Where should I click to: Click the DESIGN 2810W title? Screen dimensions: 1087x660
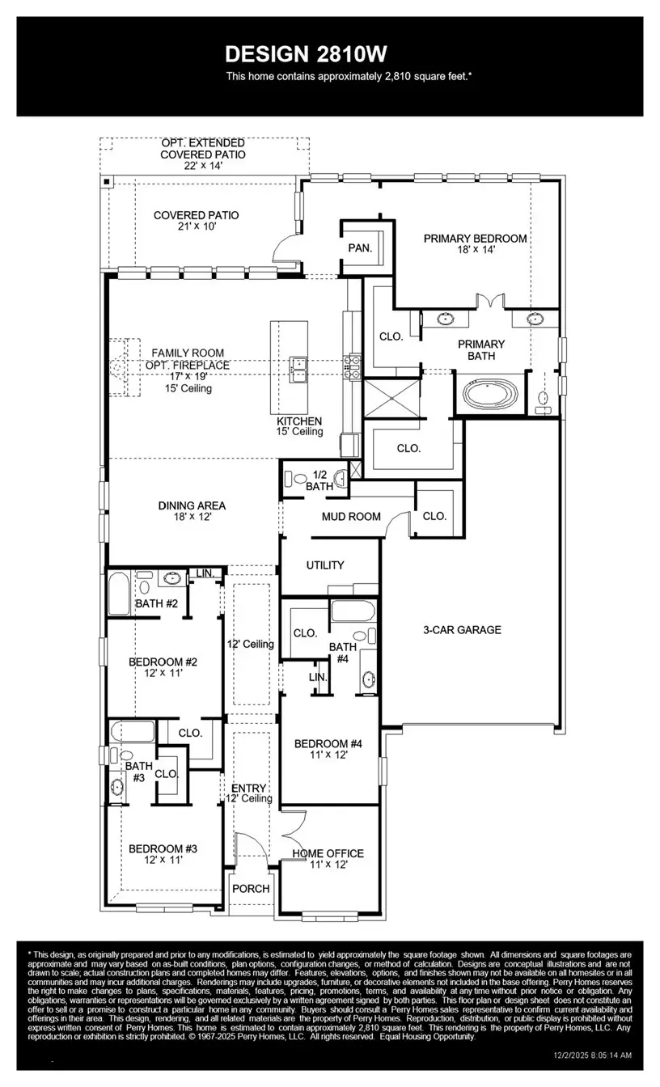(306, 54)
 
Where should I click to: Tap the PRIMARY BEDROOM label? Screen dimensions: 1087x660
(475, 239)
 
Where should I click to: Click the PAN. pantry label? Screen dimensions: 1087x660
(360, 248)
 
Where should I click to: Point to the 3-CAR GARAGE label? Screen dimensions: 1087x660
(462, 629)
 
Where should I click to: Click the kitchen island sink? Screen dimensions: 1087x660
(297, 369)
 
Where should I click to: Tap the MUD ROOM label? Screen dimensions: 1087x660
(350, 516)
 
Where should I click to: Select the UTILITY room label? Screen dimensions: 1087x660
(324, 565)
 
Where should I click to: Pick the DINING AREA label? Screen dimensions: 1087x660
(192, 505)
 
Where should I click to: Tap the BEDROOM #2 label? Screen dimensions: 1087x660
(163, 662)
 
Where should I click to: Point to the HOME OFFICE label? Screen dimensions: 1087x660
(328, 853)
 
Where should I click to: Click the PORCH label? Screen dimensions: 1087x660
(251, 888)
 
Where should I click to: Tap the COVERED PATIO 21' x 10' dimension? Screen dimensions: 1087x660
(196, 227)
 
